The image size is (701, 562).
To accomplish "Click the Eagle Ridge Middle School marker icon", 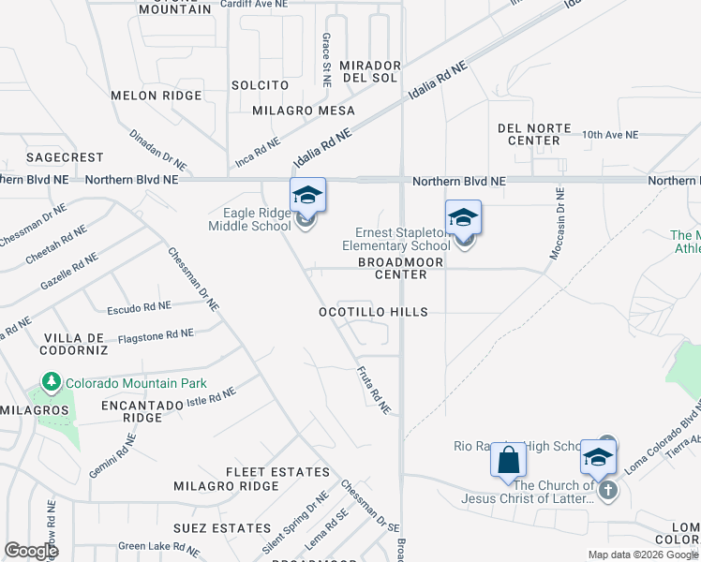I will [x=307, y=197].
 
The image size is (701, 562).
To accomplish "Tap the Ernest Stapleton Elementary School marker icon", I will [x=463, y=219].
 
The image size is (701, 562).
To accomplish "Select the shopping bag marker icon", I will [x=509, y=461].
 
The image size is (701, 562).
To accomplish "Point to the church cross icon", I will [x=608, y=490].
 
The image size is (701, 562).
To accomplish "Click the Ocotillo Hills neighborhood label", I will [x=373, y=312].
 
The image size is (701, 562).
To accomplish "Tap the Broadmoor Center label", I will [x=393, y=269].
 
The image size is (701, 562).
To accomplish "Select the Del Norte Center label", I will [x=528, y=134].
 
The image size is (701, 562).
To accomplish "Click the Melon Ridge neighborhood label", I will [x=157, y=96].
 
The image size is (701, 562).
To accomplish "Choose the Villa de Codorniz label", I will [x=74, y=343].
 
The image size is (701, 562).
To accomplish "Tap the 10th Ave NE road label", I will [x=609, y=135].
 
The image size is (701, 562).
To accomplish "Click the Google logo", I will [x=31, y=551].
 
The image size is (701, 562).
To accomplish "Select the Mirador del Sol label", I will [x=370, y=71].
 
